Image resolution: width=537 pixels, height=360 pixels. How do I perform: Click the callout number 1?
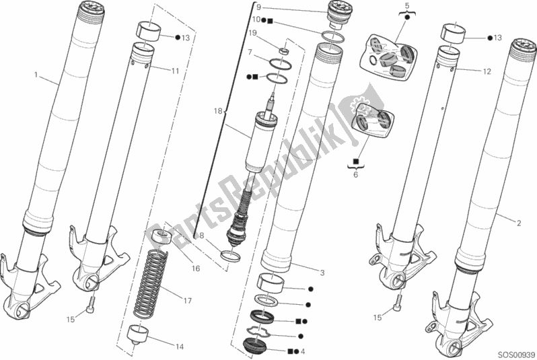coord(36,75)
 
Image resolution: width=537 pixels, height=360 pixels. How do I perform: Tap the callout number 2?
coord(519,223)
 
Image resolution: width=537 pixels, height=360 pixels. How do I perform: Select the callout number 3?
coord(322,273)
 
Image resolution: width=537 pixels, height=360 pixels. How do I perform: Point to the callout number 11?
coord(175,71)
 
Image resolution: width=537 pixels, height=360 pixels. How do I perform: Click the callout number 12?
coord(487,71)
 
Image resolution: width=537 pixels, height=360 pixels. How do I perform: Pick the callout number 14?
coord(180,347)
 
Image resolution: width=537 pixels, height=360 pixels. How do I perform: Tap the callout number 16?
coord(196,268)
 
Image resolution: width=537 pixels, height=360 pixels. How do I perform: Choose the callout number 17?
coord(187,301)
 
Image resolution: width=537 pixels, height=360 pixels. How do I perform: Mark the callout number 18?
coord(218,111)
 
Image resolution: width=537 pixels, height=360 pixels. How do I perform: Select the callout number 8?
coord(201,236)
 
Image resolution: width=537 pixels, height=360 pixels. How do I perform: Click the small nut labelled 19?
coord(284,51)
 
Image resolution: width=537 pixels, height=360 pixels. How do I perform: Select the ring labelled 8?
coord(229,256)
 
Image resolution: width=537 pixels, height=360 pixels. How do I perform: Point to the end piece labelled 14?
coord(139,335)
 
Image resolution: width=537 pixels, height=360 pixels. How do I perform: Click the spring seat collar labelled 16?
coord(159,236)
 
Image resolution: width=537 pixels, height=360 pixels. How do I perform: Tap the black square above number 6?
coord(355,160)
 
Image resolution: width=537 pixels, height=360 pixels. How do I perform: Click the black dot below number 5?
coord(407,17)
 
